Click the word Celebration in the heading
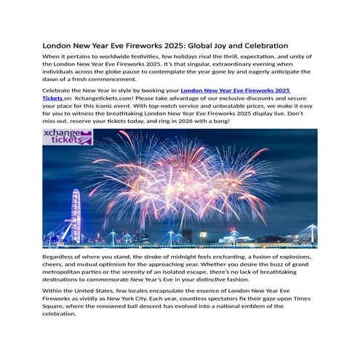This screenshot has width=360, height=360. (261, 46)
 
